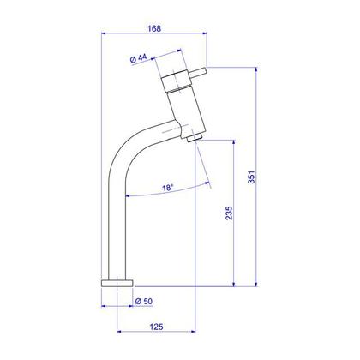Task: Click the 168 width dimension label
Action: pos(154,28)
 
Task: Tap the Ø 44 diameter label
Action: pos(138,58)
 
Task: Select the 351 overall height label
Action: pos(251,177)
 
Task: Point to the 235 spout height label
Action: pos(229,213)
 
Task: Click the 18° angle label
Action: pos(168,188)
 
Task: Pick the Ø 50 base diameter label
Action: pos(144,301)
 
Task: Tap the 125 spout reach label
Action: pos(156,327)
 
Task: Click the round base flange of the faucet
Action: pos(117,283)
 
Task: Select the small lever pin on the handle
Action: pos(197,73)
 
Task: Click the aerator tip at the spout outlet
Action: pos(195,137)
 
